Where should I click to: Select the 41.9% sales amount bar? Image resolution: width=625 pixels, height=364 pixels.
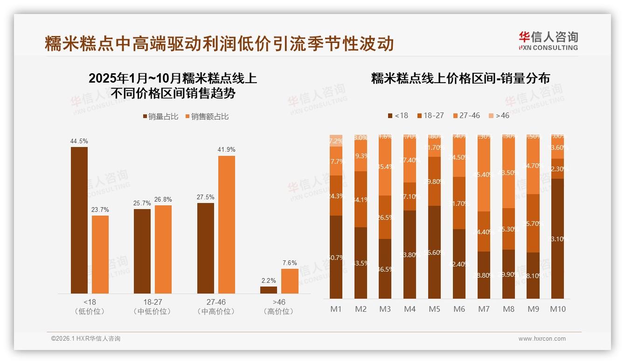(227, 224)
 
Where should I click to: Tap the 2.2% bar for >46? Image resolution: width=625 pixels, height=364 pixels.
(268, 290)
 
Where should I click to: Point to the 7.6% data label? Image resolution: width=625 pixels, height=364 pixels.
(289, 263)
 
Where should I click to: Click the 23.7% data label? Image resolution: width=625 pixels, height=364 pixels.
(100, 210)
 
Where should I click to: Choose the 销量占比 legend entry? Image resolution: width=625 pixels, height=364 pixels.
(160, 117)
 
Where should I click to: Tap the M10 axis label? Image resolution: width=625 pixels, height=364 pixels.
(557, 309)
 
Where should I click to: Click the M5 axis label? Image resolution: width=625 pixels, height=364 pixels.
(434, 309)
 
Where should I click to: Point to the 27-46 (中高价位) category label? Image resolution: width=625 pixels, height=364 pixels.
(216, 307)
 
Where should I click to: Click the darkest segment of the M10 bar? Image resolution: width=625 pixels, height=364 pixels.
(557, 238)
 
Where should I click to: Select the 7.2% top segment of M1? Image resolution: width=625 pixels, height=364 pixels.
(336, 140)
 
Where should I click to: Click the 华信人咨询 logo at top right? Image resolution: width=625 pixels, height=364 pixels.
(548, 41)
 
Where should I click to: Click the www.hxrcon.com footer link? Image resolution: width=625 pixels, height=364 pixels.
(542, 339)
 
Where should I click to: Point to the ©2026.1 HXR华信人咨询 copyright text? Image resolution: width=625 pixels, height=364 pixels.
(86, 339)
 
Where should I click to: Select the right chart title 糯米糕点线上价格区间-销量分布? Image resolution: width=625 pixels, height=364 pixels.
(460, 78)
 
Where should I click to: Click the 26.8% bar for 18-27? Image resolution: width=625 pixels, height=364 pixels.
(163, 249)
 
